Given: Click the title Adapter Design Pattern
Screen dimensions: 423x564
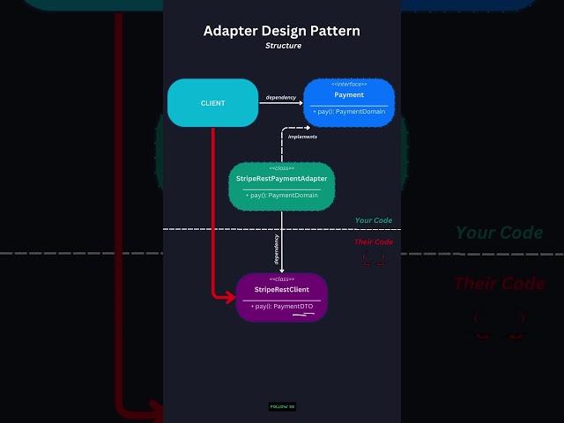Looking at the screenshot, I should pos(281,31).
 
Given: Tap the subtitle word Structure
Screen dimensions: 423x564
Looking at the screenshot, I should pos(282,45).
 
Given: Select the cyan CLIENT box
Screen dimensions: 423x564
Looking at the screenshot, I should pos(212,103).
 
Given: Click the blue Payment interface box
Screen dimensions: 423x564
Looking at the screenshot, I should pos(349,102).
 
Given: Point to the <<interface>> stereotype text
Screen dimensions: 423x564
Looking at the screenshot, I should pos(349,85).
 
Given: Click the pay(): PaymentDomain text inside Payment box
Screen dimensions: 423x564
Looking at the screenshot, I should pos(349,113).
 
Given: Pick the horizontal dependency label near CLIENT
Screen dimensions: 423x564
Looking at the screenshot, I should pos(281,96).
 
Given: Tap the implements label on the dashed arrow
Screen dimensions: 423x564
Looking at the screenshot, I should pos(302,137).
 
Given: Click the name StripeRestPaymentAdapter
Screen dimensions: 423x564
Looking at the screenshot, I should pos(282,179).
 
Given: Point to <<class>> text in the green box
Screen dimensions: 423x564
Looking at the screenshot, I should pos(282,168).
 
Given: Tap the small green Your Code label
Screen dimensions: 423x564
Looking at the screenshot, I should pos(374,220).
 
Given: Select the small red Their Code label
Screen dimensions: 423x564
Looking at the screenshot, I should pos(374,241).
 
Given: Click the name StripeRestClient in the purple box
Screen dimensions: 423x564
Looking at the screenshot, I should pos(282,289).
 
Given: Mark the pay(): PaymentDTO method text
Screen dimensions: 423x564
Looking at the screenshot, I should pos(282,306).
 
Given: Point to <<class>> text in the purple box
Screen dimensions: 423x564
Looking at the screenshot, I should pos(282,278).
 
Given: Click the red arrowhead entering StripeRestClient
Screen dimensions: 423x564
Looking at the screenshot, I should pos(232,298).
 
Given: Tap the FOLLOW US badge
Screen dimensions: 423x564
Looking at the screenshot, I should pos(282,407).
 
